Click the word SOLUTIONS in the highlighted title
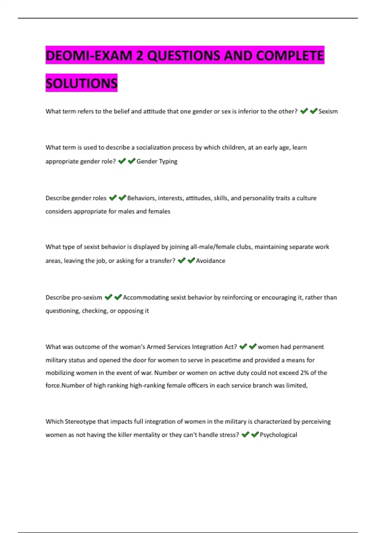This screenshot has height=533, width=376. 81,83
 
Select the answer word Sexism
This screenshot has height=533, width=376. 328,111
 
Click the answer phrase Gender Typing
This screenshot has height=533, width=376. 157,161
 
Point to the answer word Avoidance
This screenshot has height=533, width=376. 211,261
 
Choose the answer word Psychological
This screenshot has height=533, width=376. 278,435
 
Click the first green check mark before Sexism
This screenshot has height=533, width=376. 304,111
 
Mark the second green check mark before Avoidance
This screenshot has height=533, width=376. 191,260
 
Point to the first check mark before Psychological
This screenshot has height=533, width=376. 245,434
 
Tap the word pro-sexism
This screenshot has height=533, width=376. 87,298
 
